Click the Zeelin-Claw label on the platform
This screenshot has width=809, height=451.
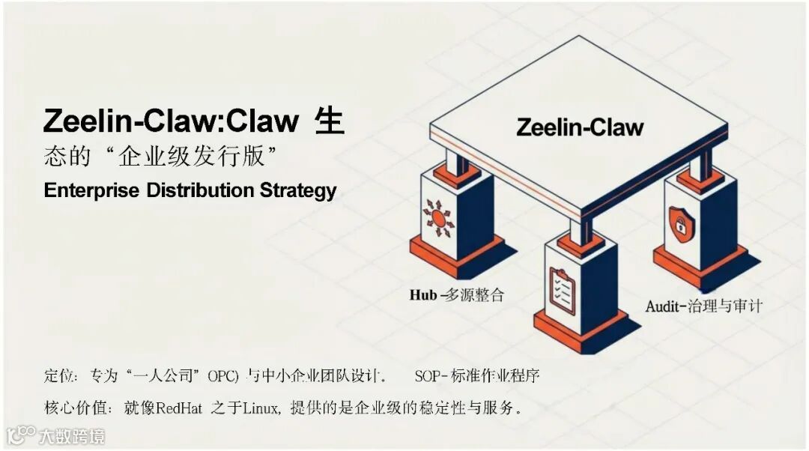pos(580,127)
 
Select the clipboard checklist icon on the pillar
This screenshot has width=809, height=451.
pos(562,291)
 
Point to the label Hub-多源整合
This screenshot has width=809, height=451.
pos(456,294)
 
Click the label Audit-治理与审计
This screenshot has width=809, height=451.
pos(704,306)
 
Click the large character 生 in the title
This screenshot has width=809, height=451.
pos(330,121)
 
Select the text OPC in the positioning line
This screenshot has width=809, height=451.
pos(222,374)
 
